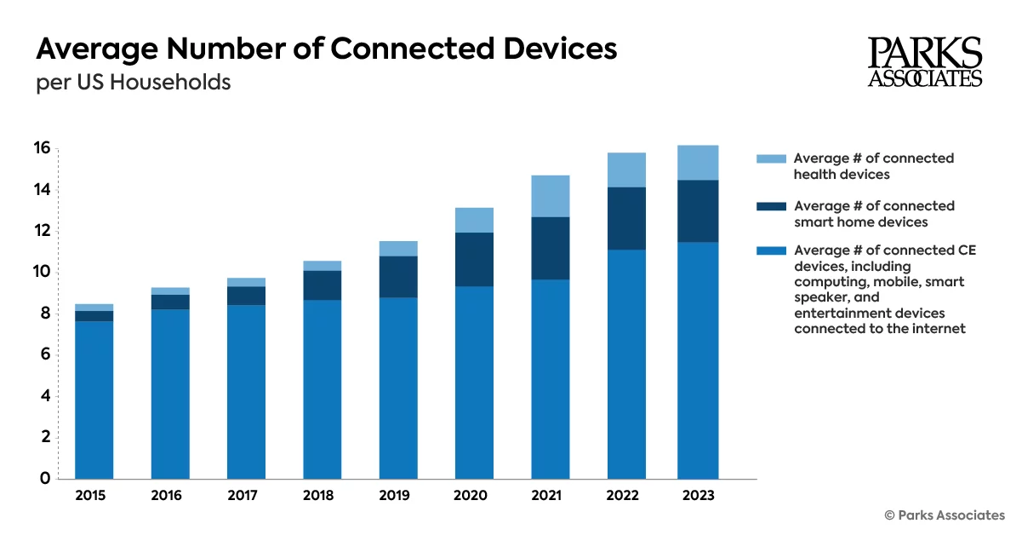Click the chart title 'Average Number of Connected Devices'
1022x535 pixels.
pos(326,49)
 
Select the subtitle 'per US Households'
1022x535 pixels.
pos(133,83)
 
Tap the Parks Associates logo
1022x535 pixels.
pos(925,62)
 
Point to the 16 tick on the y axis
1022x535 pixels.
pos(41,149)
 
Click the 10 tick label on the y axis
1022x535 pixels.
pos(41,273)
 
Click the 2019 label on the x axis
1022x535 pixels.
pos(397,496)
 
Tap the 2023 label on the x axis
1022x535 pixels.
pos(698,496)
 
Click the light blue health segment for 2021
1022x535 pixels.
pos(550,196)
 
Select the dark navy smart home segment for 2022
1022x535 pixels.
pos(626,218)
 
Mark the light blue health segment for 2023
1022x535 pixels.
pos(698,163)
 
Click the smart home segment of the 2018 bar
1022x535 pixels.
pos(322,285)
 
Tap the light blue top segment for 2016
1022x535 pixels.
pos(169,291)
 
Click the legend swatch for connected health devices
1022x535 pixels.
pos(770,158)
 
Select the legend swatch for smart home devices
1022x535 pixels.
pos(770,206)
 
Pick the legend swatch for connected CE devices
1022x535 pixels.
pos(770,250)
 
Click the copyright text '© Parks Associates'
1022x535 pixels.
pos(945,515)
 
